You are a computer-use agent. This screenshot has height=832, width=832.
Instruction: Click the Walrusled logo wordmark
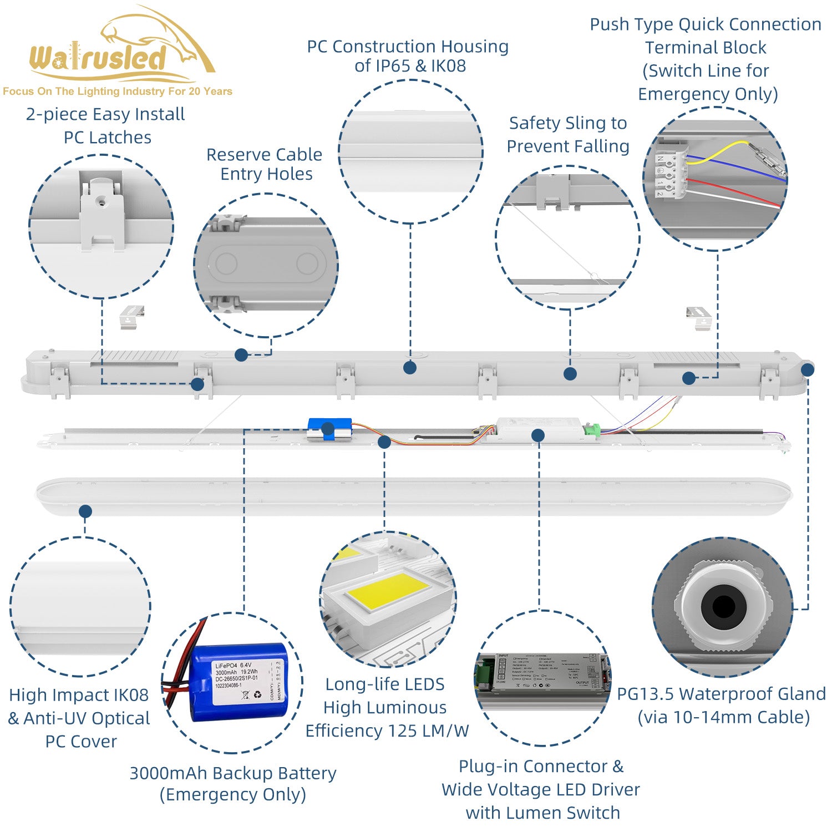[x=98, y=58]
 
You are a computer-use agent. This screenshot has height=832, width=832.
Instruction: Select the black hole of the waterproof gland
[x=723, y=606]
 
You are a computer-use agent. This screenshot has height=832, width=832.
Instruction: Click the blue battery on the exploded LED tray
[x=329, y=429]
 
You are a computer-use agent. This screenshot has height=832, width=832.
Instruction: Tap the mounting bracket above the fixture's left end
[x=132, y=317]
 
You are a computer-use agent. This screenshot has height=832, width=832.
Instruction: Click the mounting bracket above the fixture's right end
[x=699, y=318]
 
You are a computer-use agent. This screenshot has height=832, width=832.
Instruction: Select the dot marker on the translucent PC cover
[x=85, y=511]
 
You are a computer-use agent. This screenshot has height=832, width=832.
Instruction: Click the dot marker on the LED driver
[x=537, y=435]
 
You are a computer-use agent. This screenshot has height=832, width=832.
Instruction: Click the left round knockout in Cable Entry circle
[x=226, y=263]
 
